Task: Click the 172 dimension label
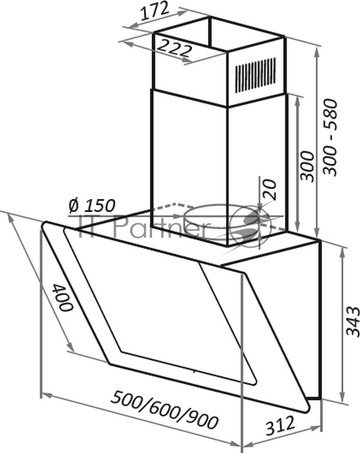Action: coord(155,11)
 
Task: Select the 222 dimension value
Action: coord(175,48)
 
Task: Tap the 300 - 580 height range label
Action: coord(329,138)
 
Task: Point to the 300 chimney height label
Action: coord(307,166)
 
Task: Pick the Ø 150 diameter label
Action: coord(92,206)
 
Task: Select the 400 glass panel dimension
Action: coord(62,297)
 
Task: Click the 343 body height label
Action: coord(353,322)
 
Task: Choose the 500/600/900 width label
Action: coord(165,409)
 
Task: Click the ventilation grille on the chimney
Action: coord(255,75)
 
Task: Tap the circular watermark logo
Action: coord(251,224)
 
